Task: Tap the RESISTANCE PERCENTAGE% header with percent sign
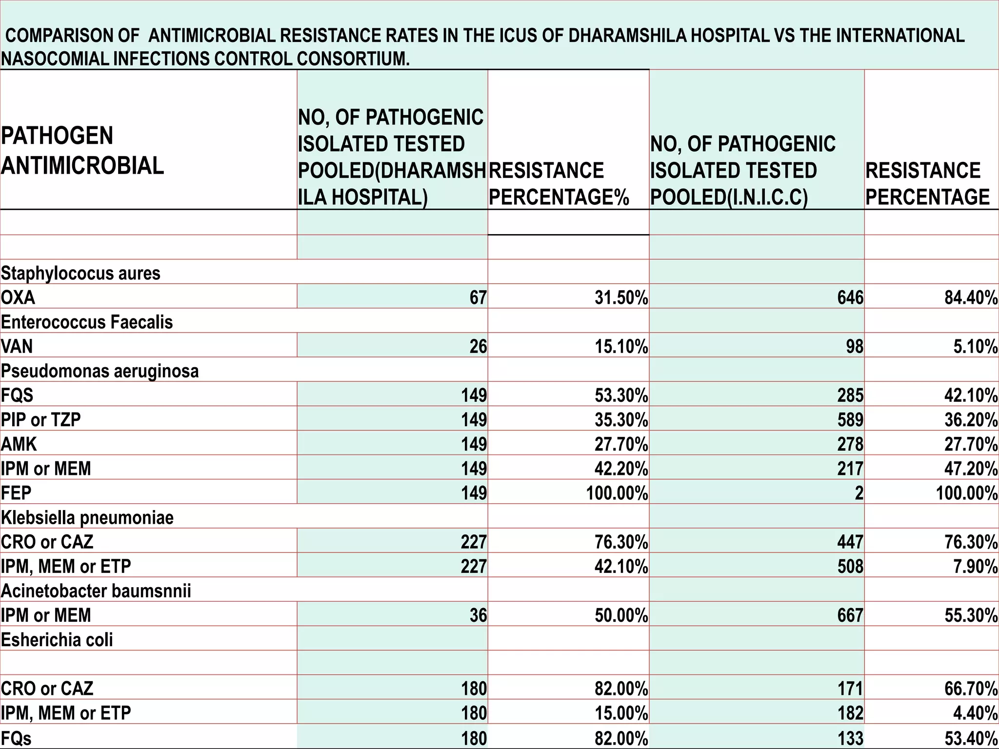click(x=559, y=184)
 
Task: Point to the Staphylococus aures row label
click(x=80, y=273)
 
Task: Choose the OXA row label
click(x=18, y=297)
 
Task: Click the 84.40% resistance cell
click(x=971, y=297)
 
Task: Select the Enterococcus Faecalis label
click(x=87, y=322)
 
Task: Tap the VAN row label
click(x=17, y=346)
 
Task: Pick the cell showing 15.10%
click(x=621, y=346)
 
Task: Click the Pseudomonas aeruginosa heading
click(x=100, y=371)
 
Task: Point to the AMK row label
click(x=19, y=444)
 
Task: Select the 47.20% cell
click(x=971, y=468)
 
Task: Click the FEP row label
click(x=16, y=493)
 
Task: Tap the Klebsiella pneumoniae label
click(x=87, y=517)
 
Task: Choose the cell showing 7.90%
click(x=975, y=566)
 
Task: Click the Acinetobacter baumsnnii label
click(x=96, y=591)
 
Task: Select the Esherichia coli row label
click(x=57, y=639)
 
